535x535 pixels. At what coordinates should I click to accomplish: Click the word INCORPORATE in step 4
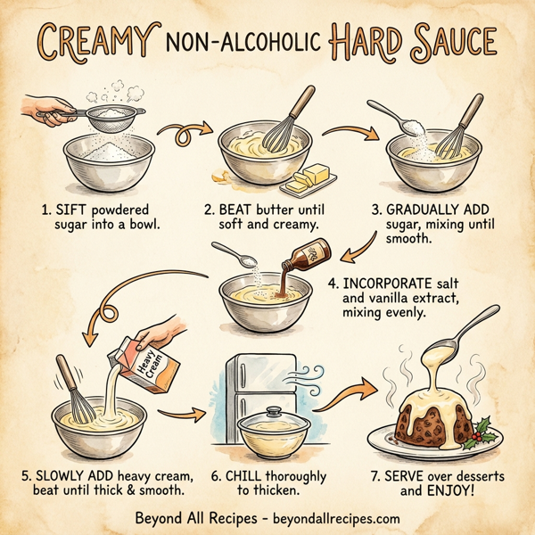[384, 284]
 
